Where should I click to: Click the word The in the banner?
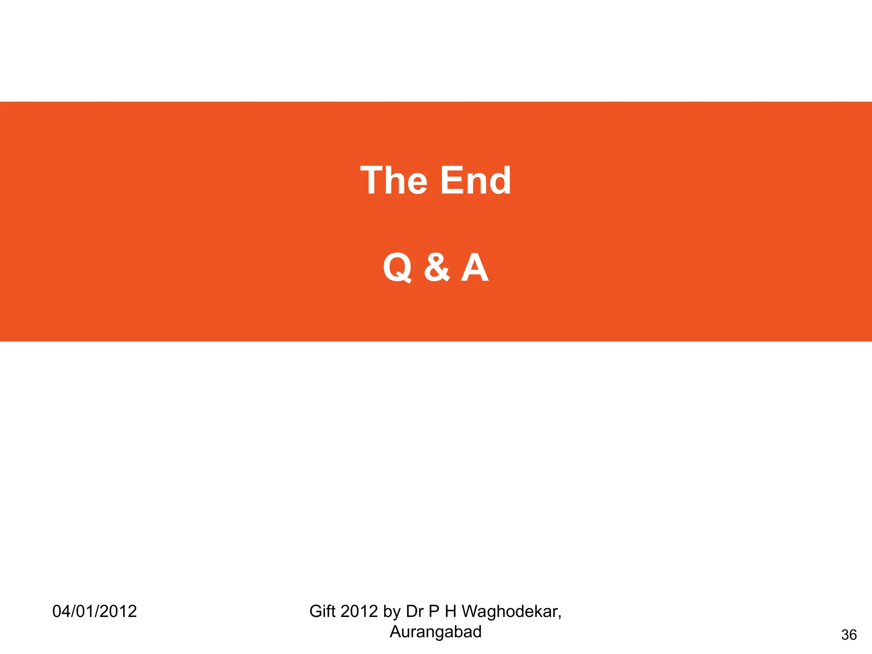[x=394, y=181]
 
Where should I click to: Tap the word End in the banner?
[x=475, y=181]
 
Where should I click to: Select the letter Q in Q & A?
[x=397, y=267]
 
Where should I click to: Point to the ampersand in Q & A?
[x=436, y=267]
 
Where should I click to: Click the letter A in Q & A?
[x=475, y=267]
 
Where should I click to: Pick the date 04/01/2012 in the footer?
[x=95, y=611]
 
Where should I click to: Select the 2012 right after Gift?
[x=359, y=611]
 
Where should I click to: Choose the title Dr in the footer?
[x=415, y=611]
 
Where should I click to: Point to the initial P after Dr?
[x=434, y=611]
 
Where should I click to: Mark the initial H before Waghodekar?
[x=450, y=611]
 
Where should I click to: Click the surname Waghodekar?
[x=510, y=611]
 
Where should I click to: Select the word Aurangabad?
[x=436, y=632]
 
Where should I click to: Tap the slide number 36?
[x=849, y=635]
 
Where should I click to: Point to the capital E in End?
[x=450, y=181]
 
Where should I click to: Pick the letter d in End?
[x=499, y=181]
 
